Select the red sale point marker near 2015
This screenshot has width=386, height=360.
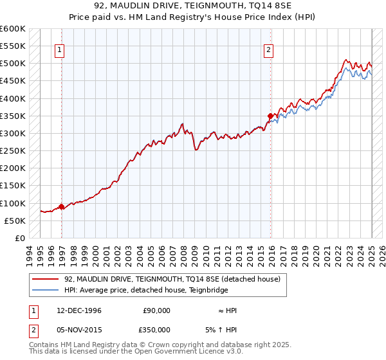[x=270, y=116]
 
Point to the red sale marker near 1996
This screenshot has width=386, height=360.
[x=62, y=206]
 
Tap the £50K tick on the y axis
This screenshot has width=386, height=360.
[x=15, y=221]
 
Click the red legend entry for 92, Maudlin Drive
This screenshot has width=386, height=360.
[x=172, y=279]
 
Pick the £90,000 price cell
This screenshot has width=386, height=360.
[x=156, y=310]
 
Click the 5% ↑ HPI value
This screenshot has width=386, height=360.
[x=230, y=329]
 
